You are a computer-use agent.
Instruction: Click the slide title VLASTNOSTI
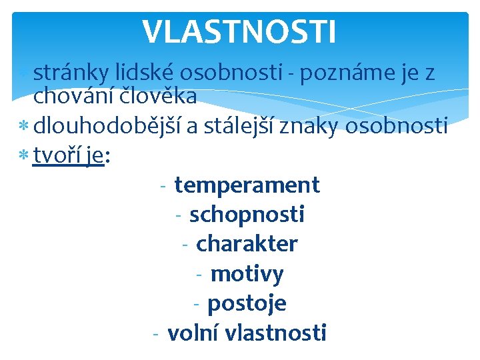coord(239,31)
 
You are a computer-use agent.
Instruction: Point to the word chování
coord(73,97)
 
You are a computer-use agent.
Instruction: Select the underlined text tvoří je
coord(69,155)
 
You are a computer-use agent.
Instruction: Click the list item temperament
coord(247,185)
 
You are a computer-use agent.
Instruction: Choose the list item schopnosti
coord(247,215)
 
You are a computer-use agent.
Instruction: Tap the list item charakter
coord(247,244)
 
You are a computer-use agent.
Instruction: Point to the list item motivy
coord(247,274)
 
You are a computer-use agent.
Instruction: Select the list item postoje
coord(247,303)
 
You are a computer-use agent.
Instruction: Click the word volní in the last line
coord(194,332)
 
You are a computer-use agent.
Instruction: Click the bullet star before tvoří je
coord(25,156)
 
